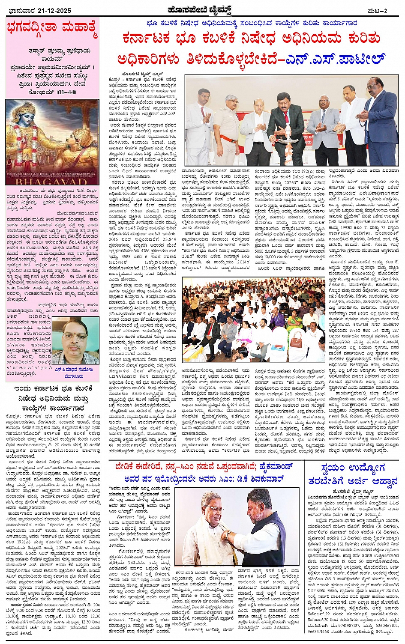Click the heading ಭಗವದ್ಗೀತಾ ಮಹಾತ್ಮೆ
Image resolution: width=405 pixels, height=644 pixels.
(x=52, y=30)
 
